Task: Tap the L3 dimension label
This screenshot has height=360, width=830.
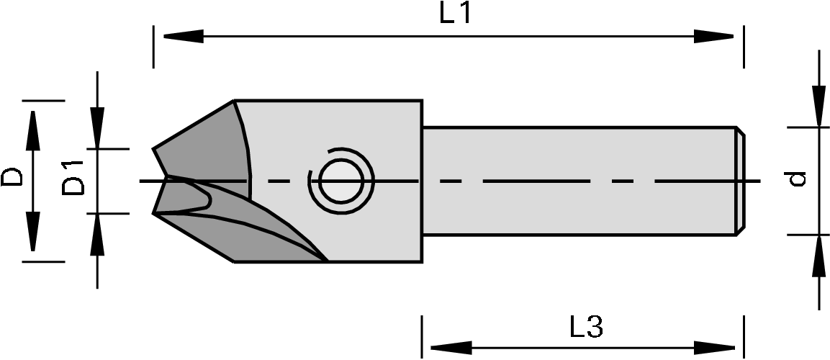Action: (x=586, y=328)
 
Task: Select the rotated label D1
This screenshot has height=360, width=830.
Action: (x=73, y=178)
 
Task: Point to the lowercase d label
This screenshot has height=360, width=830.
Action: (x=796, y=179)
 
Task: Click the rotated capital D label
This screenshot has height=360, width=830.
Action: (x=12, y=178)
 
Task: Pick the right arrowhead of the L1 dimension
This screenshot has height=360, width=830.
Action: (x=714, y=36)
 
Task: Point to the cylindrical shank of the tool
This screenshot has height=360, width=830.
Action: (x=576, y=180)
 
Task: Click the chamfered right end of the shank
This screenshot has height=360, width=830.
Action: (x=739, y=180)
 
